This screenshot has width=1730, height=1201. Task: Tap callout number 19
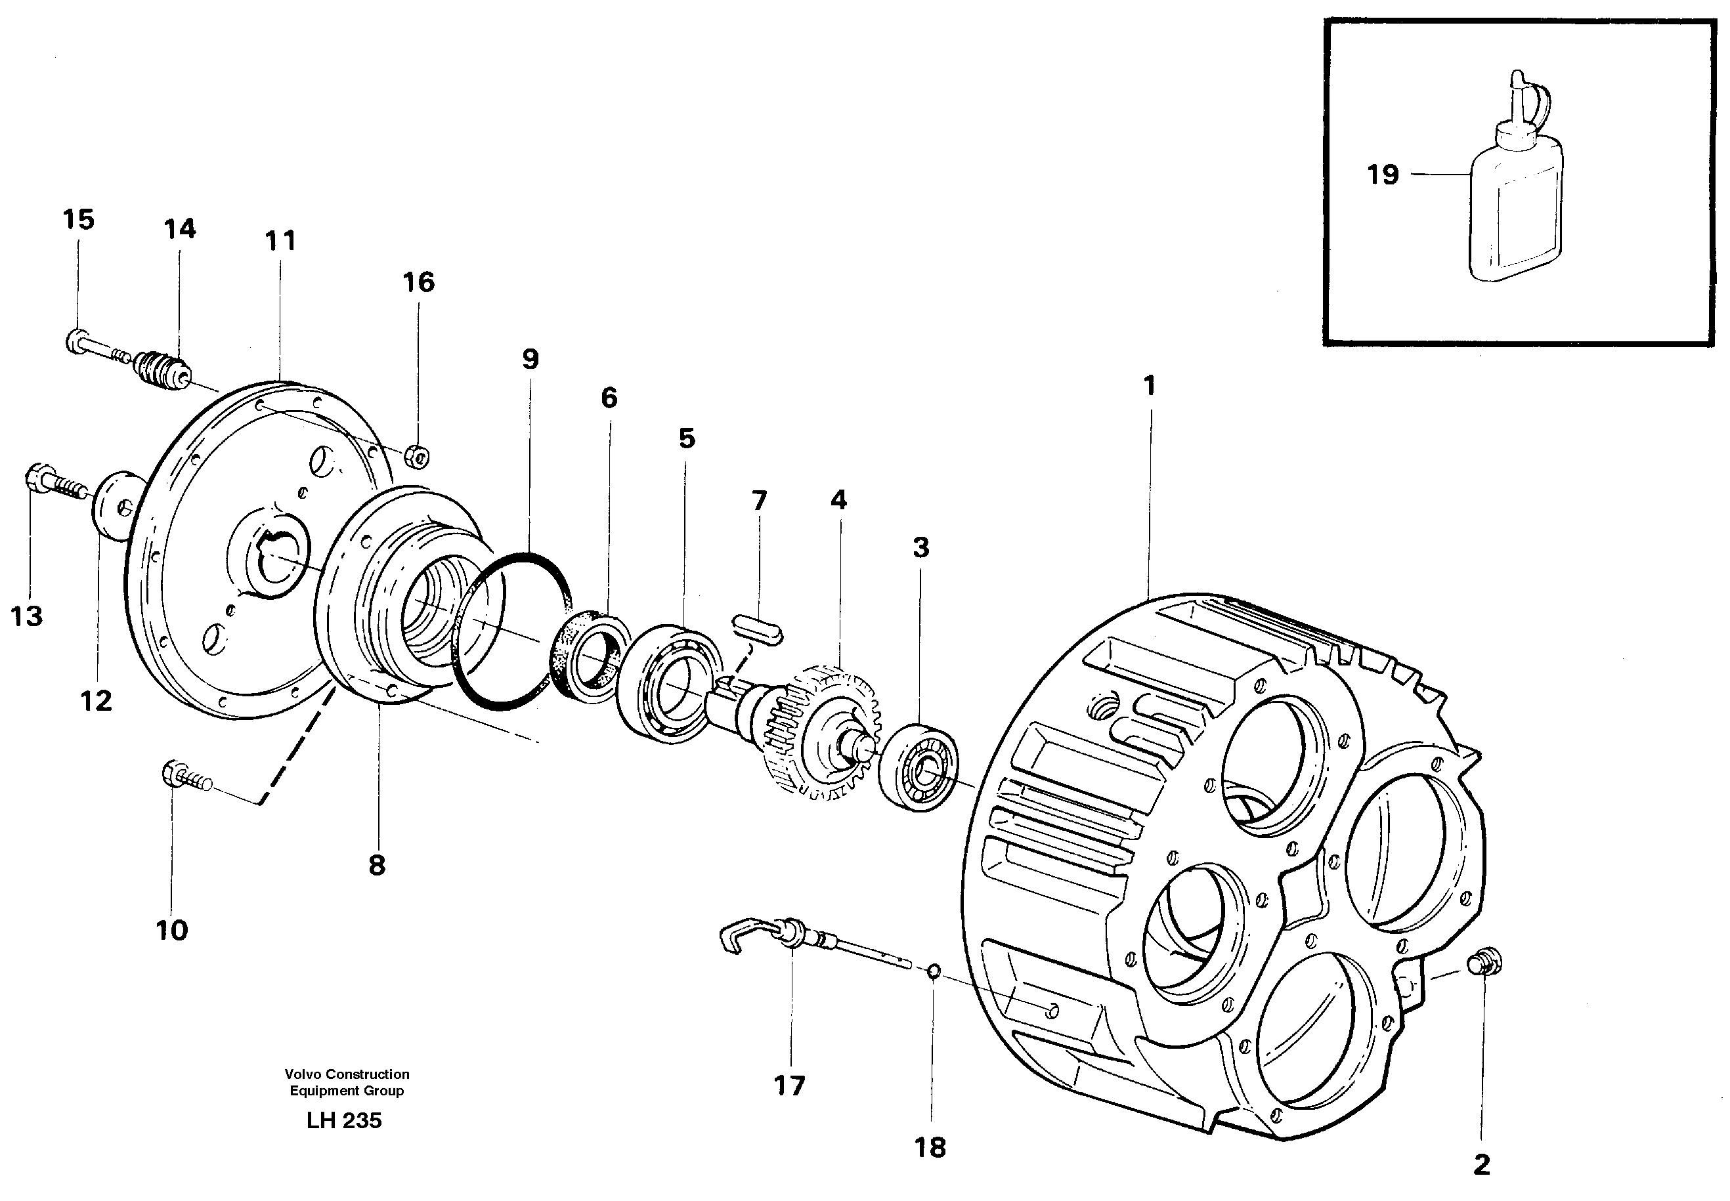(1382, 175)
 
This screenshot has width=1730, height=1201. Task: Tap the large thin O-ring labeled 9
(512, 631)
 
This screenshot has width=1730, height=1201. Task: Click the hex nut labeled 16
(416, 455)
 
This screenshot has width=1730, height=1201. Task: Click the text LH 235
(344, 1120)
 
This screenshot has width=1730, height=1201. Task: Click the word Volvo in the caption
(303, 1074)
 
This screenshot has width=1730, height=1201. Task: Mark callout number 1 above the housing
(1149, 386)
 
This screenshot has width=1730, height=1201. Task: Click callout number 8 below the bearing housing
(376, 866)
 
